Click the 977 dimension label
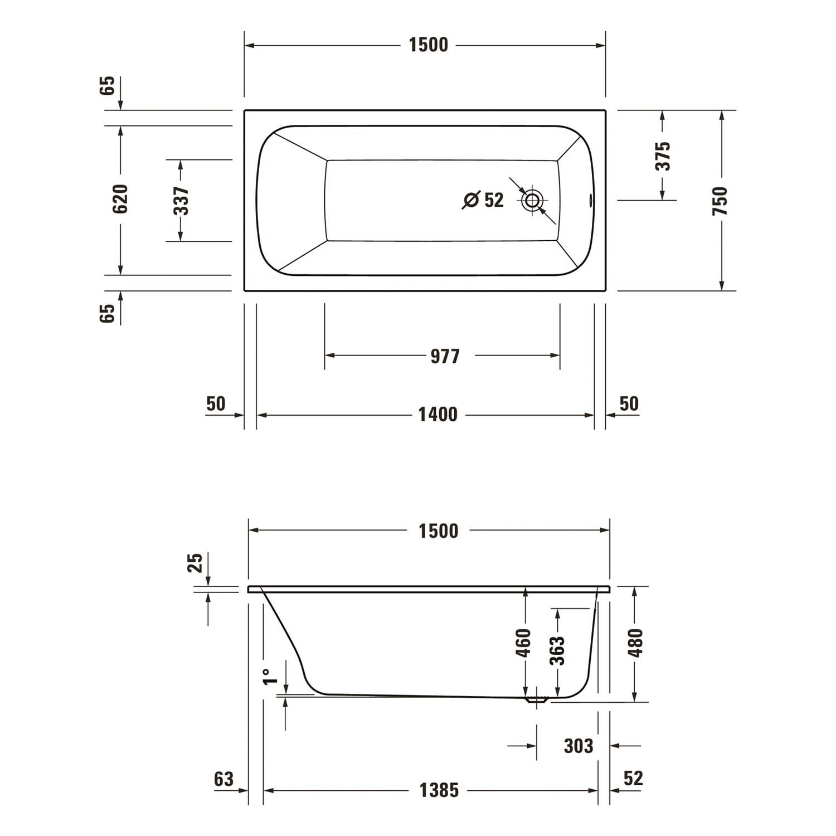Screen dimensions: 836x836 [445, 356]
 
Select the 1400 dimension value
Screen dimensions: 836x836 [438, 415]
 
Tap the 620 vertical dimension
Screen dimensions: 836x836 [120, 199]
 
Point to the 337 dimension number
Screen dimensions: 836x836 [182, 201]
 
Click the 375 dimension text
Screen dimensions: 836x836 [663, 156]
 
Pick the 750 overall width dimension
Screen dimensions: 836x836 [720, 201]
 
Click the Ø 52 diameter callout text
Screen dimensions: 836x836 [483, 200]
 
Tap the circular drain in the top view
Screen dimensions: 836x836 [532, 201]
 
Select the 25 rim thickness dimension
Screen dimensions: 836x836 [195, 563]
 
